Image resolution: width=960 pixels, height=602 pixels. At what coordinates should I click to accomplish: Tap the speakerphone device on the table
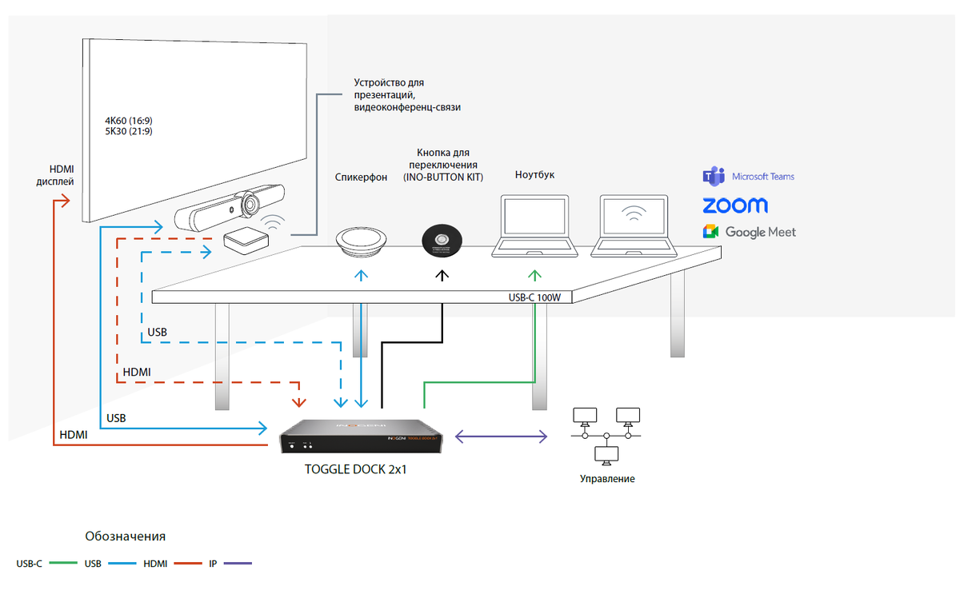coord(362,241)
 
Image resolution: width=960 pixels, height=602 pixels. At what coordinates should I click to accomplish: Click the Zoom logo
coord(735,205)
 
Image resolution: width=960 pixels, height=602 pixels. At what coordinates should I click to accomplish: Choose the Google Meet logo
coord(749,232)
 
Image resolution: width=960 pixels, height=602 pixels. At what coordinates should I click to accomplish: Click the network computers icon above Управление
coord(606,435)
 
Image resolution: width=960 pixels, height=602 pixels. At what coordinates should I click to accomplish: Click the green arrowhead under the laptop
coord(534,275)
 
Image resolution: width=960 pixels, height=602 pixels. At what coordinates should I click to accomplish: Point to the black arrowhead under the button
coord(442,275)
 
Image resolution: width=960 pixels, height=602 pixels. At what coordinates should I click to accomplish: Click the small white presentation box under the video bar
coord(244,238)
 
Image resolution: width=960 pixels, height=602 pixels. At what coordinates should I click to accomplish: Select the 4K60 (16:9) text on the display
coord(128,120)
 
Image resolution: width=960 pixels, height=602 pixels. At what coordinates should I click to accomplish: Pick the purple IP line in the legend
coord(238,564)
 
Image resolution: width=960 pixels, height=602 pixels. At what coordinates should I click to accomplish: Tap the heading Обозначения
coord(125,536)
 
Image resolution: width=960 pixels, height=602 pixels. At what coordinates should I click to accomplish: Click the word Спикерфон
coord(361,177)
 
